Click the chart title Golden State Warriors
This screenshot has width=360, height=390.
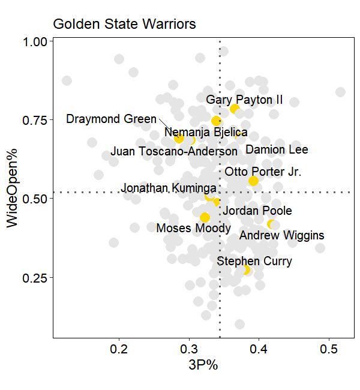click(124, 25)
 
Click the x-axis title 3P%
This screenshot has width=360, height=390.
click(203, 365)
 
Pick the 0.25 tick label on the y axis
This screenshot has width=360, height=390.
click(34, 278)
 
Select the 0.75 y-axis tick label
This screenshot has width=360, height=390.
click(34, 121)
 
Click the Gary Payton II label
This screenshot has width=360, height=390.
click(244, 100)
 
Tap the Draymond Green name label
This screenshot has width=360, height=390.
click(111, 119)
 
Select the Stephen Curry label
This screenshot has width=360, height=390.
click(254, 261)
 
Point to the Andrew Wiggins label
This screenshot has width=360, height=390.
click(281, 235)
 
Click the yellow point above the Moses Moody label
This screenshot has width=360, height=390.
click(205, 217)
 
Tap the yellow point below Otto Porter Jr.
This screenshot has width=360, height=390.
click(253, 181)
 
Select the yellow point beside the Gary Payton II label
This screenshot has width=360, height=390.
click(235, 109)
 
